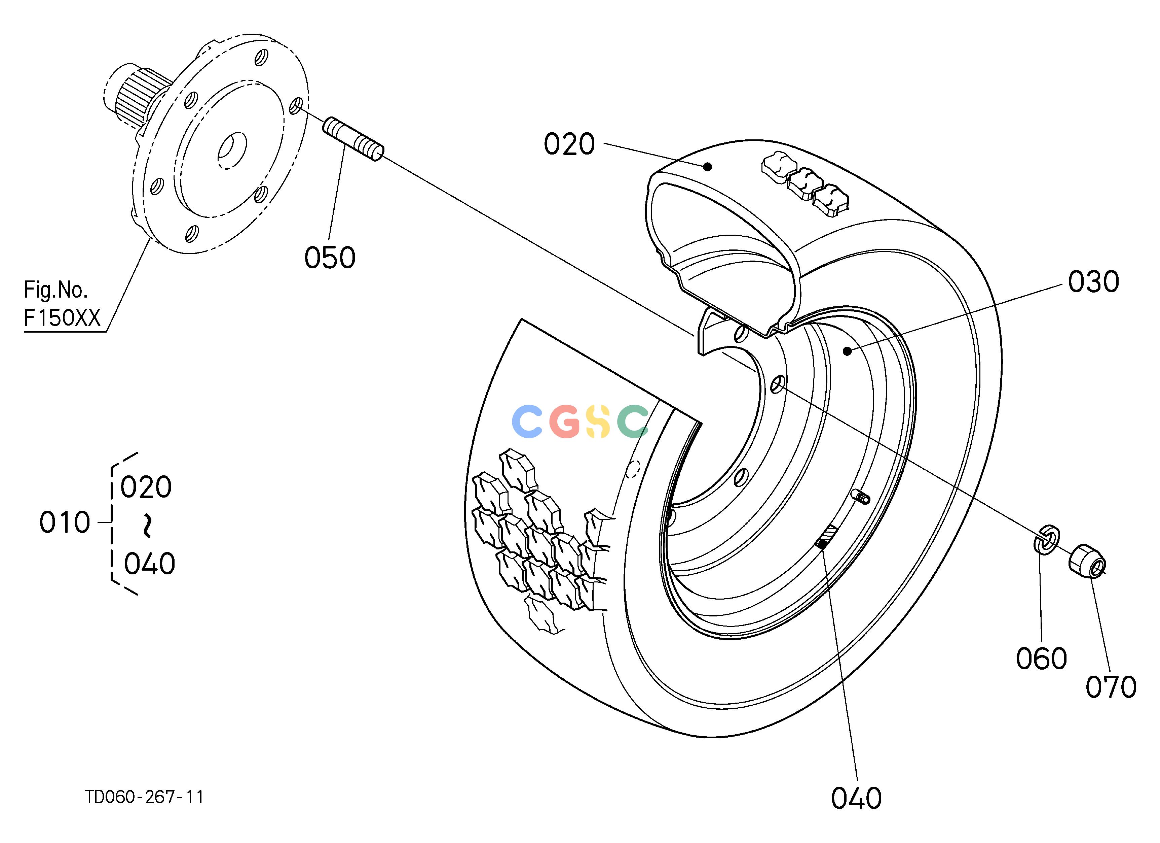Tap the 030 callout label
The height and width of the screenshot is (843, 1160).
[1093, 281]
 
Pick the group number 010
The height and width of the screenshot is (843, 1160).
[65, 522]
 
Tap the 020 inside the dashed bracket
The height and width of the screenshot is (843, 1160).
[146, 487]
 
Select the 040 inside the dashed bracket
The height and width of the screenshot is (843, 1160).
[149, 564]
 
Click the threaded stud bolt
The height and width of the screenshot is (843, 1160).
[353, 140]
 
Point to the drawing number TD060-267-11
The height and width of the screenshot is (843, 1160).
[145, 797]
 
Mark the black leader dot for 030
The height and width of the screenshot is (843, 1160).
[848, 350]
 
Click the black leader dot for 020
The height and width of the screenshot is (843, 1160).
[708, 166]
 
